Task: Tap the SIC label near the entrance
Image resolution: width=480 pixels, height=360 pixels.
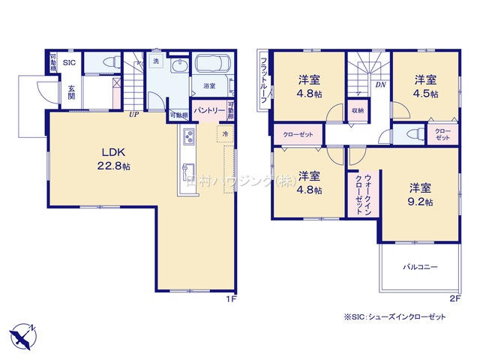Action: point(69,62)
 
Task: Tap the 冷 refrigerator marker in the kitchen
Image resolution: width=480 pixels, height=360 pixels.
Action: point(224,133)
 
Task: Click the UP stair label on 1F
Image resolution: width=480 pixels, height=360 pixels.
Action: point(133,115)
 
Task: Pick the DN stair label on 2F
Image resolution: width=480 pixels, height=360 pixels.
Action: point(380,85)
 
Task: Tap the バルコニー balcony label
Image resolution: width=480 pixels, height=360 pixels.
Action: point(420,267)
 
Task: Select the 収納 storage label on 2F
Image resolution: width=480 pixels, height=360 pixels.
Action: point(357,110)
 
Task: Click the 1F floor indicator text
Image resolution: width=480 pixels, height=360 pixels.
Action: point(232,299)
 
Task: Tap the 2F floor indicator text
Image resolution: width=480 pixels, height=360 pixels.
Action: point(454,299)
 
